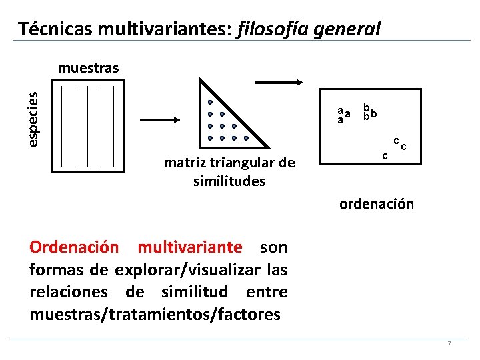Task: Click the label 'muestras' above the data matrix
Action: click(x=89, y=67)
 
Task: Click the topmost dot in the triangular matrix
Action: click(x=209, y=103)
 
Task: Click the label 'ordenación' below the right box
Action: click(x=377, y=204)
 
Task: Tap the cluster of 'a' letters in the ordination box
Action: click(x=343, y=115)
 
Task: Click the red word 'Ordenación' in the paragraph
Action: click(x=74, y=247)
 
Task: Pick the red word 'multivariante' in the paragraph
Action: click(x=190, y=247)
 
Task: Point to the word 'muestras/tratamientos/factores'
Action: click(x=155, y=315)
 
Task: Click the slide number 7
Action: click(x=449, y=344)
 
